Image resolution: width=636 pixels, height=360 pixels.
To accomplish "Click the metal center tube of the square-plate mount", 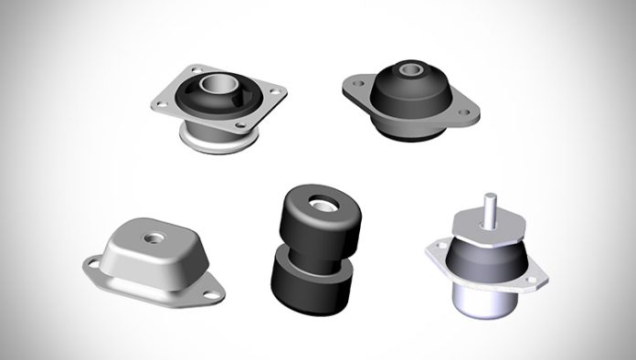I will coord(215,88).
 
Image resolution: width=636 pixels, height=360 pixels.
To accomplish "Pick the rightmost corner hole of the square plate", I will coord(270,91).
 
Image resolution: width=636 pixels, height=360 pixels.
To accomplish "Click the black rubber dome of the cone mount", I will coord(411,96).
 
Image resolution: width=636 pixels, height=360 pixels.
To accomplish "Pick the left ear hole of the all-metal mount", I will coord(93,265).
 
